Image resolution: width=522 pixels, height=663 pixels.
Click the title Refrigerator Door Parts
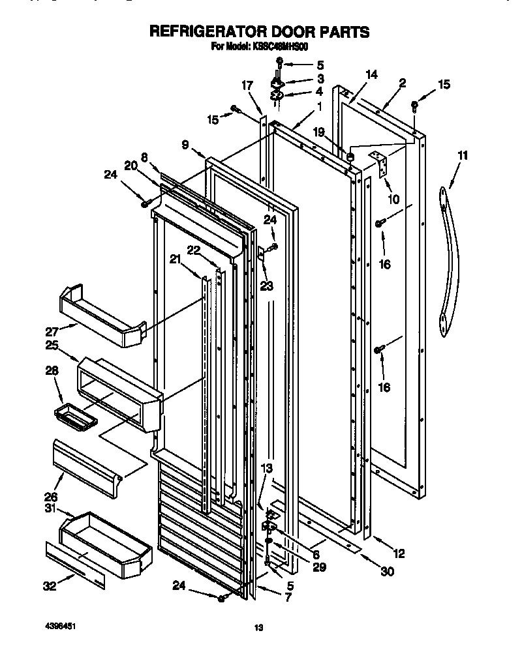[x=259, y=31]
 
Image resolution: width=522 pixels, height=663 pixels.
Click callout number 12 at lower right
[x=399, y=554]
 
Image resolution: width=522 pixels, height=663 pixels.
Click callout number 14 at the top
[x=371, y=75]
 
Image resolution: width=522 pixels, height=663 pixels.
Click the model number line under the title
[x=259, y=47]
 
